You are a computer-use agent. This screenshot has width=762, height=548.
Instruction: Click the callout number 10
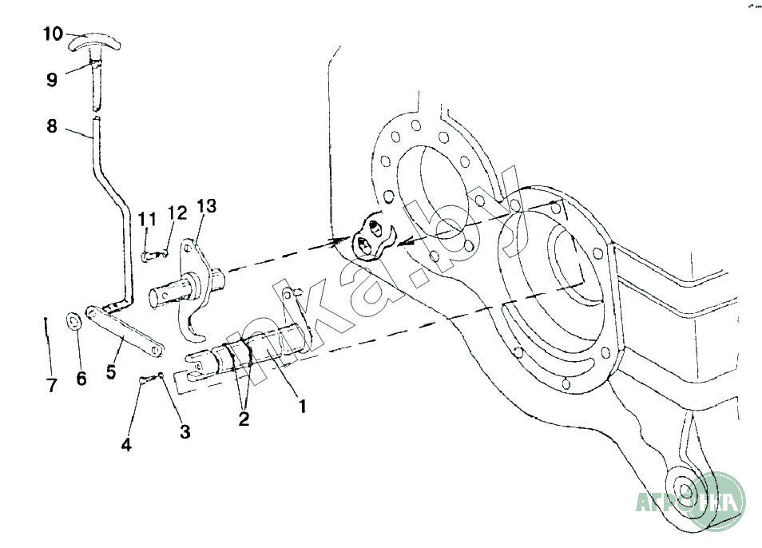[53, 34]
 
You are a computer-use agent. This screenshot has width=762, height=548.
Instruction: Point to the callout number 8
[52, 125]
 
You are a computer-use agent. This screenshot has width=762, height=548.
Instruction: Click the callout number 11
[147, 219]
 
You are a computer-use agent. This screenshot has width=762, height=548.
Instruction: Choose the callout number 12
[177, 212]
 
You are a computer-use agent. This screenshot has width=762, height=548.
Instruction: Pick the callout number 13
[205, 207]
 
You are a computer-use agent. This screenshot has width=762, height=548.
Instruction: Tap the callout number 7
[52, 387]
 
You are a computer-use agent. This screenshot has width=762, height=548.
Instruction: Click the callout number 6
[81, 379]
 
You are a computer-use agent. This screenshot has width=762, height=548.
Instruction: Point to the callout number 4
[126, 445]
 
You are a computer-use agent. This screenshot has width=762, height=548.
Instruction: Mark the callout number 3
[185, 432]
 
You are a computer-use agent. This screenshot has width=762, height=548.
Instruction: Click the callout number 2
[244, 419]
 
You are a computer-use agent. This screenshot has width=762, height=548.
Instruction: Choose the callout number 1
[302, 406]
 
